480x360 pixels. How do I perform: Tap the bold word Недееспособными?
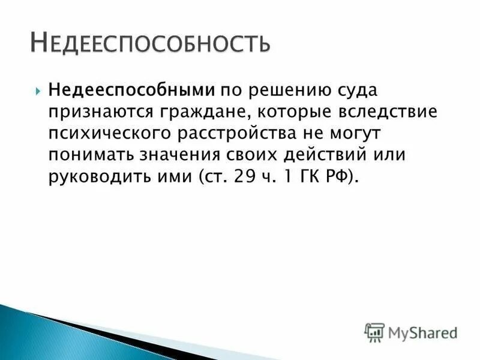[x=132, y=91]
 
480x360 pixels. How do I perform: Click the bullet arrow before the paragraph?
[x=37, y=92]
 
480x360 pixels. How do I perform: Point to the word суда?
[x=339, y=91]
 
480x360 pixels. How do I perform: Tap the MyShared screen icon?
[x=374, y=332]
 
